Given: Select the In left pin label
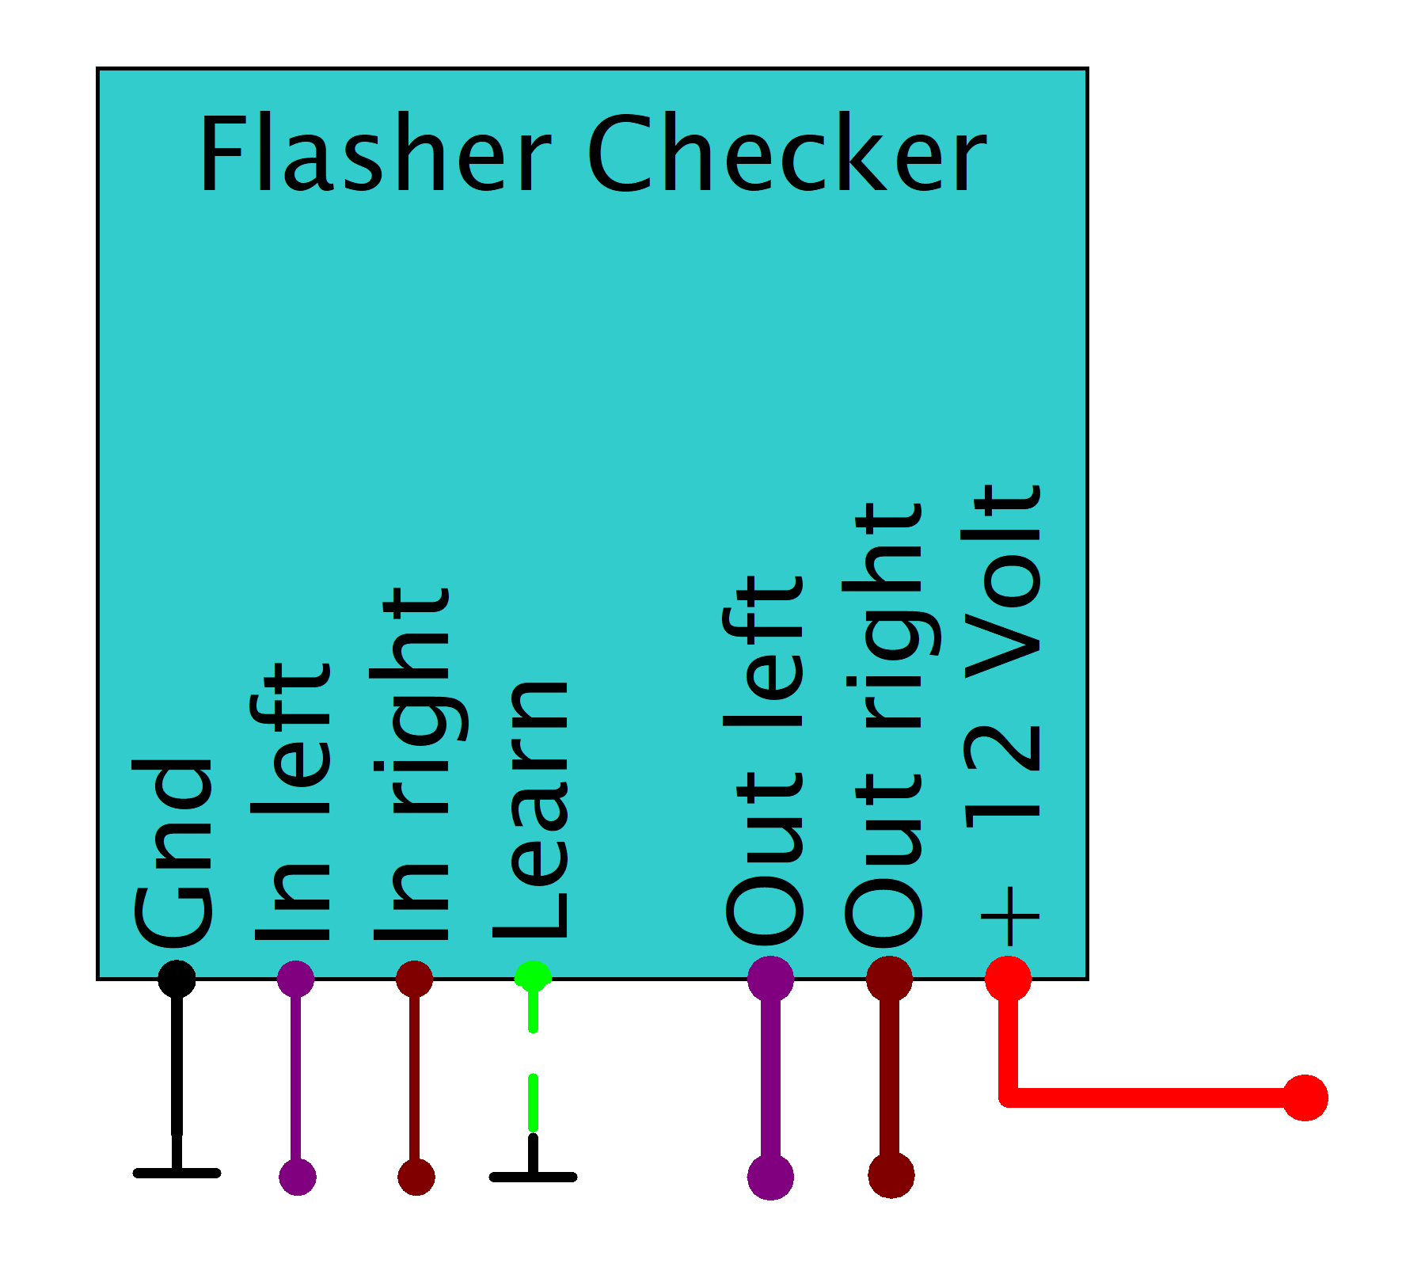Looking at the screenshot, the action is [x=291, y=801].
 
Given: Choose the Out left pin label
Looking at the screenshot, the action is [x=765, y=760].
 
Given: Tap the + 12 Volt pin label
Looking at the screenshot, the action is [x=1001, y=714].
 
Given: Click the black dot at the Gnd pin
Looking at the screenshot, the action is [x=177, y=979].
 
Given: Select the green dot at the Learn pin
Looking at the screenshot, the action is [x=533, y=976].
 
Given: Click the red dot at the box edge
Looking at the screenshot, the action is [x=1008, y=979].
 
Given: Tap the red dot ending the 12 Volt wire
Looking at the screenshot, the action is [x=1305, y=1098].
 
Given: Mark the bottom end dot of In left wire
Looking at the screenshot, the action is [x=297, y=1177].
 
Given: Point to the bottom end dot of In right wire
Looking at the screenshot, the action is [x=416, y=1177].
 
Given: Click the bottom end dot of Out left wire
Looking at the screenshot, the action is [x=770, y=1177].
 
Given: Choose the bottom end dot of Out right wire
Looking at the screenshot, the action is [x=891, y=1175].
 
